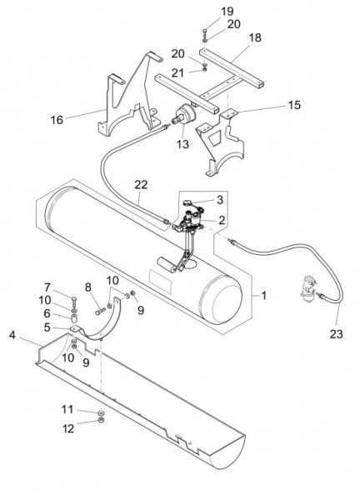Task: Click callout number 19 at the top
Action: tap(227, 12)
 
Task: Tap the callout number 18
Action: tap(255, 37)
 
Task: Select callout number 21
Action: tap(178, 73)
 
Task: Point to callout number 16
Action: tap(57, 120)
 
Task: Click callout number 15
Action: tap(294, 105)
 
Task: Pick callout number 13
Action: tap(183, 144)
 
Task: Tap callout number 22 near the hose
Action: tap(141, 184)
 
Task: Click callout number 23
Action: tap(336, 334)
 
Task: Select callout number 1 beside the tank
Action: tap(263, 296)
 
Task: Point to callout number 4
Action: tap(12, 335)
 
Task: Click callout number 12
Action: tap(68, 428)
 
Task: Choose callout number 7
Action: tap(47, 287)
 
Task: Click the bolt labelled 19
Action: tap(204, 33)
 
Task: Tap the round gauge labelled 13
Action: tap(183, 115)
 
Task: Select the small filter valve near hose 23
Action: tap(308, 289)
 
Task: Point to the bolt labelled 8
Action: tap(100, 311)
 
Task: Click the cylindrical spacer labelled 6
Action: tap(74, 318)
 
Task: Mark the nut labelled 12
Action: tap(101, 420)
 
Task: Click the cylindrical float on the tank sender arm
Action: tap(167, 264)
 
